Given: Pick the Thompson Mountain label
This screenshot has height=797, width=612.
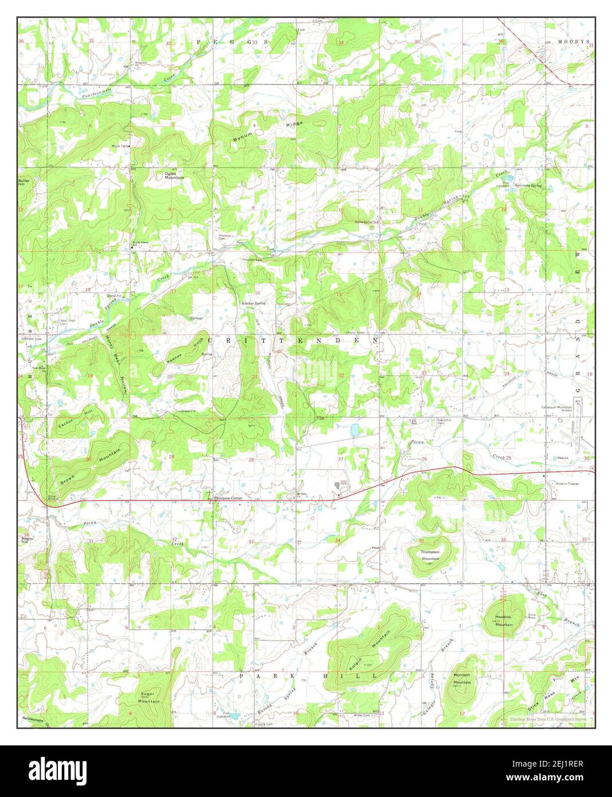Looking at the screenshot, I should (x=430, y=554).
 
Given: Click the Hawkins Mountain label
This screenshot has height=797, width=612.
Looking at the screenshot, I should (x=503, y=620).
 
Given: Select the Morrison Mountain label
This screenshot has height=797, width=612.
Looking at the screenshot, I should (x=462, y=679).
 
